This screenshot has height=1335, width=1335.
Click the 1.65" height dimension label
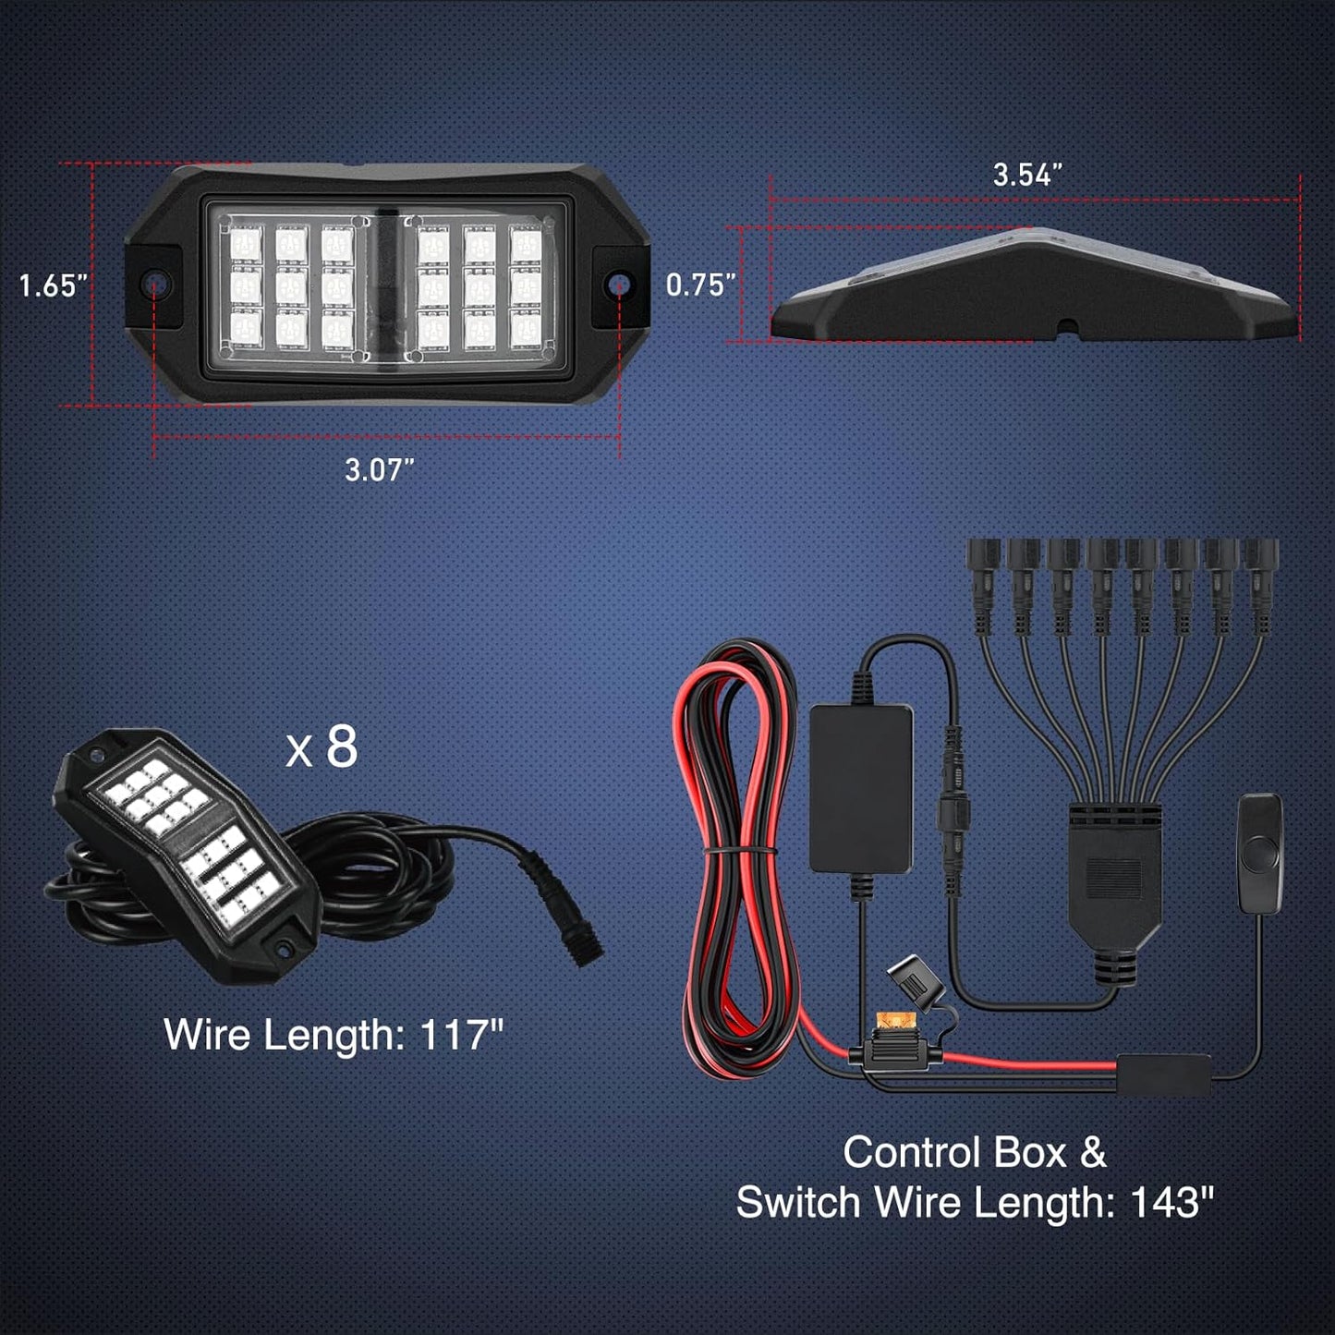coord(53,285)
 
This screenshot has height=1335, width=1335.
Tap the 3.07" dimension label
coord(379,470)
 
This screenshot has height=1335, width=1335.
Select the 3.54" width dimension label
coord(1027,175)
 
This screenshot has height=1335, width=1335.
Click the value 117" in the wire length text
coord(462,1035)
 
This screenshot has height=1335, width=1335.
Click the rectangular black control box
coord(861,788)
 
